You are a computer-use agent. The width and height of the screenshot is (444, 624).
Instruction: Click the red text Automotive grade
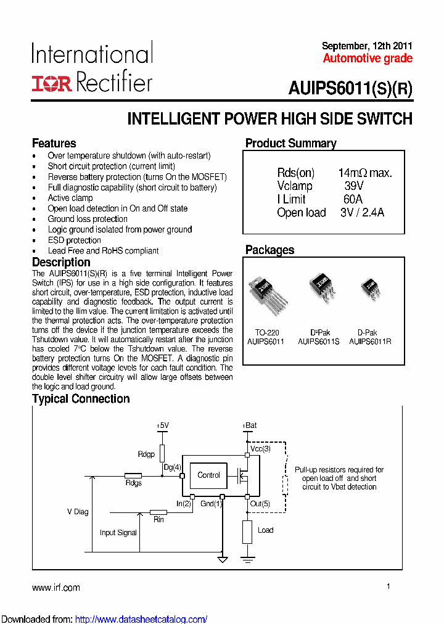click(368, 59)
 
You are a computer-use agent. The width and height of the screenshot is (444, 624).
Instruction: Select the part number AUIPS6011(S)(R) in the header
click(350, 88)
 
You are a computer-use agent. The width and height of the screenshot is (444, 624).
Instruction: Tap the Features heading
click(54, 144)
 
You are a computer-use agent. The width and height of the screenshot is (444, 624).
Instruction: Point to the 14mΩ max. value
click(365, 173)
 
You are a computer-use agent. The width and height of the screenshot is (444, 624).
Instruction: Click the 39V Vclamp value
click(354, 186)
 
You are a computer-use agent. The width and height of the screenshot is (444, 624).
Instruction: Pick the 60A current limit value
click(353, 199)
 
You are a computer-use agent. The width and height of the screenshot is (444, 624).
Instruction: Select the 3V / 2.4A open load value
click(362, 213)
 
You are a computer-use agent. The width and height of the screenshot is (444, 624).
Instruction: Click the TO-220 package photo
click(265, 295)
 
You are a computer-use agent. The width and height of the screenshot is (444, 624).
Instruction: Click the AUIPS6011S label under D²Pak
click(319, 341)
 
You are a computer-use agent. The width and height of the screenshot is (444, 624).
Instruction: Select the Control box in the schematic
click(208, 475)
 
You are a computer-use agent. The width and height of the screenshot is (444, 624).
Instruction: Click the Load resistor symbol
click(247, 531)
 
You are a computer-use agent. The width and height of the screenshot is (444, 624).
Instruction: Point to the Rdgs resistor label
click(134, 483)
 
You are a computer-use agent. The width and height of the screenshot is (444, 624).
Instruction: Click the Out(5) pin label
click(260, 504)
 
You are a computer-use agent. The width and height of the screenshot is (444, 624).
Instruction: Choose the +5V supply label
click(163, 425)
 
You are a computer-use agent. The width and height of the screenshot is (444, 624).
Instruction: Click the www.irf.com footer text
click(56, 588)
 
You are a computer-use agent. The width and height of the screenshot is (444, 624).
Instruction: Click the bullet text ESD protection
click(75, 240)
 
